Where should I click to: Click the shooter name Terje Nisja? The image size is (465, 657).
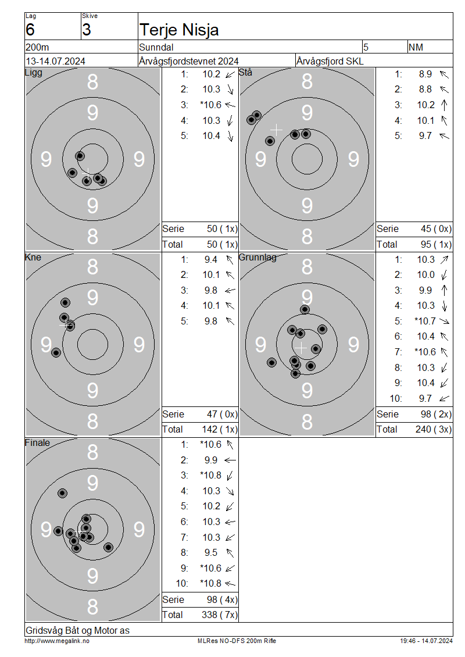pos(179,30)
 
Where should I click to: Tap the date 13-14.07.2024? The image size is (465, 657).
pos(55,61)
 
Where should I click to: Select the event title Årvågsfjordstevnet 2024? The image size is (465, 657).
pos(188,61)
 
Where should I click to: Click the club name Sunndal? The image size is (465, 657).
pos(156,47)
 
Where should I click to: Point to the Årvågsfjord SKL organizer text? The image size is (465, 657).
pos(330,61)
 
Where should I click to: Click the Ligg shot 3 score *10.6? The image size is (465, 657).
pos(210,105)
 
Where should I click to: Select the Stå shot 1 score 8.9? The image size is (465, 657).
pos(425,74)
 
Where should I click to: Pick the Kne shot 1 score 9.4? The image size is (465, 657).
pos(211,260)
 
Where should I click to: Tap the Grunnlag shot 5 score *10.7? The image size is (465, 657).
pos(425,322)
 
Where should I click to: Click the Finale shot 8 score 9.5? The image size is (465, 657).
pos(211,553)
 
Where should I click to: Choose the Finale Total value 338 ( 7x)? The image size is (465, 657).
pos(220,615)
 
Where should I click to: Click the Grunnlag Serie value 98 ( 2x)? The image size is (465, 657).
pos(436,415)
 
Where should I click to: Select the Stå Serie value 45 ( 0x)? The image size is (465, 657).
pos(436,228)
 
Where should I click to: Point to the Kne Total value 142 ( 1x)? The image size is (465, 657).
pos(220,430)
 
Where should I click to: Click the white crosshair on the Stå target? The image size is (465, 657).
pos(276,130)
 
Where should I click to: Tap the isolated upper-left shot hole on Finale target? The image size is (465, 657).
pos(62,493)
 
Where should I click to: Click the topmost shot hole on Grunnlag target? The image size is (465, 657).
pos(305,310)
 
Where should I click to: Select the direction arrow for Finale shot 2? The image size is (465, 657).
pos(230,460)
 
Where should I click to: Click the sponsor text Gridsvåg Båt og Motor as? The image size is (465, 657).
pos(77,630)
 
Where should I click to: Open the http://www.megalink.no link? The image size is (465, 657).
pos(57,641)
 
